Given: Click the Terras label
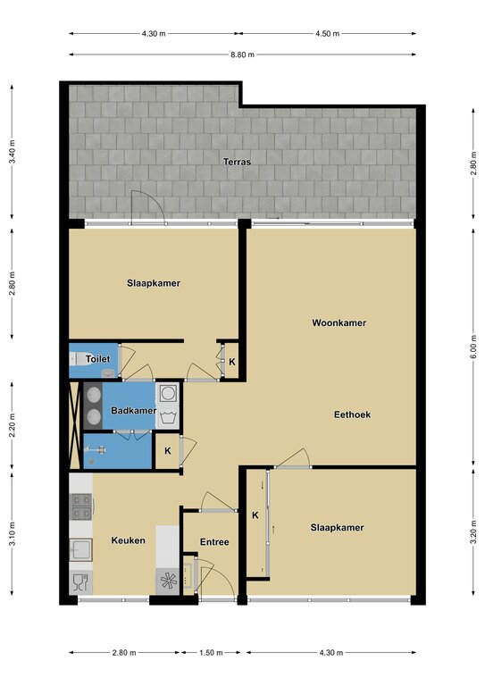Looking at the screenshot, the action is pos(237,162).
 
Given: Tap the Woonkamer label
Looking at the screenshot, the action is pos(339,322).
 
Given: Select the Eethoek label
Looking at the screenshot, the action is pos(352,414).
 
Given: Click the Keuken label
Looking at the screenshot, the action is pos(128,540).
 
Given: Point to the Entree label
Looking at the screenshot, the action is pos(214,542).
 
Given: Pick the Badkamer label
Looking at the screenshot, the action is pos(133,410).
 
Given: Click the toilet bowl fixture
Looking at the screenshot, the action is pos(79,359).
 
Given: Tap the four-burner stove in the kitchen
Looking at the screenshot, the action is pos(81,506).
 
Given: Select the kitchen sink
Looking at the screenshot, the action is pos(81,549).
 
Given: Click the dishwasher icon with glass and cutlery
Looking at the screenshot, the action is pos(81,582).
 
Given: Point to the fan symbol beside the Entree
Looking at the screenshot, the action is pos(169,581).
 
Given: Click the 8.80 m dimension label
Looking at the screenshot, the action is pos(242,54).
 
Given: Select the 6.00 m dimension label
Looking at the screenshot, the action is pos(473,347).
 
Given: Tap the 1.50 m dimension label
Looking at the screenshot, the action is pos(211,653).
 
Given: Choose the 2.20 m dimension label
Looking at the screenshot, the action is pos(13,425).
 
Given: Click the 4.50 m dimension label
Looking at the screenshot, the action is pos(328,33).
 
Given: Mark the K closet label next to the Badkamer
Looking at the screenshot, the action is pos(168,450).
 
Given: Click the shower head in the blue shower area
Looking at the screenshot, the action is pos(96,449).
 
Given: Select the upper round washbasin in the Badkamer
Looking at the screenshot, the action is pos(93,395).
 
